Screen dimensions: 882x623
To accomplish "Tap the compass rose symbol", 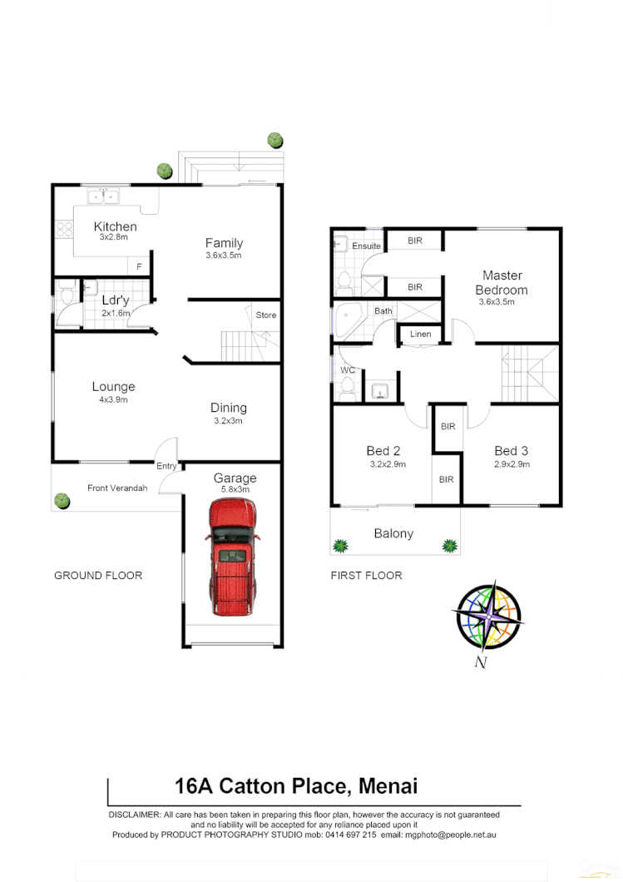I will pyautogui.click(x=487, y=617).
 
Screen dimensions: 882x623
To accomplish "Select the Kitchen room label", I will pyautogui.click(x=115, y=226).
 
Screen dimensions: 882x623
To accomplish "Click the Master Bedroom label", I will pyautogui.click(x=502, y=282).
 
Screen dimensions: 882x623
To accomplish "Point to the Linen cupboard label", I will pyautogui.click(x=421, y=334).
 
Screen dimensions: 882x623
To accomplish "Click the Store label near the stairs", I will pyautogui.click(x=265, y=315).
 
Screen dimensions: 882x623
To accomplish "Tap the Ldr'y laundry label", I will pyautogui.click(x=115, y=300).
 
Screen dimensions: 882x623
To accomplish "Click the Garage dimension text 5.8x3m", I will pyautogui.click(x=235, y=491).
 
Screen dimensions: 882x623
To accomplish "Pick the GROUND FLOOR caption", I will pyautogui.click(x=98, y=575).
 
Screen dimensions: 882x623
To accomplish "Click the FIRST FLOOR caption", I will pyautogui.click(x=366, y=575).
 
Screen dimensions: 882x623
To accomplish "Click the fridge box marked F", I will pyautogui.click(x=139, y=266).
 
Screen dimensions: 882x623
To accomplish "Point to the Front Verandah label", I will pyautogui.click(x=117, y=488).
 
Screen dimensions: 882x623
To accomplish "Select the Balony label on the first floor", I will pyautogui.click(x=393, y=533).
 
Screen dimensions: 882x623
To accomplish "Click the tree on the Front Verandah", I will pyautogui.click(x=62, y=500).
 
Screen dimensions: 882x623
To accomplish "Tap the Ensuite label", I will pyautogui.click(x=366, y=246).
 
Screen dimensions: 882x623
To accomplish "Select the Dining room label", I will pyautogui.click(x=228, y=408).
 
